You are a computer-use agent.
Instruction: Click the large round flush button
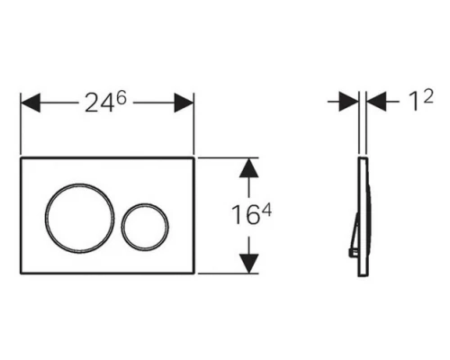[x=79, y=184]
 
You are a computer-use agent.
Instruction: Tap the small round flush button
[x=145, y=203]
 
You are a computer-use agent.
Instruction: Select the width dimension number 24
[x=99, y=103]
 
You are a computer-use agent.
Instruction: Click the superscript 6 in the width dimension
[x=121, y=97]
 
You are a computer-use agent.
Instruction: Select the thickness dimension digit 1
[x=414, y=102]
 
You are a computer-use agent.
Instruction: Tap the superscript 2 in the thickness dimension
[x=428, y=96]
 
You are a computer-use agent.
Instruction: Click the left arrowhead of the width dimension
[x=31, y=103]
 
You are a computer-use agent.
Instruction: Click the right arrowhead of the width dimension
[x=184, y=103]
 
